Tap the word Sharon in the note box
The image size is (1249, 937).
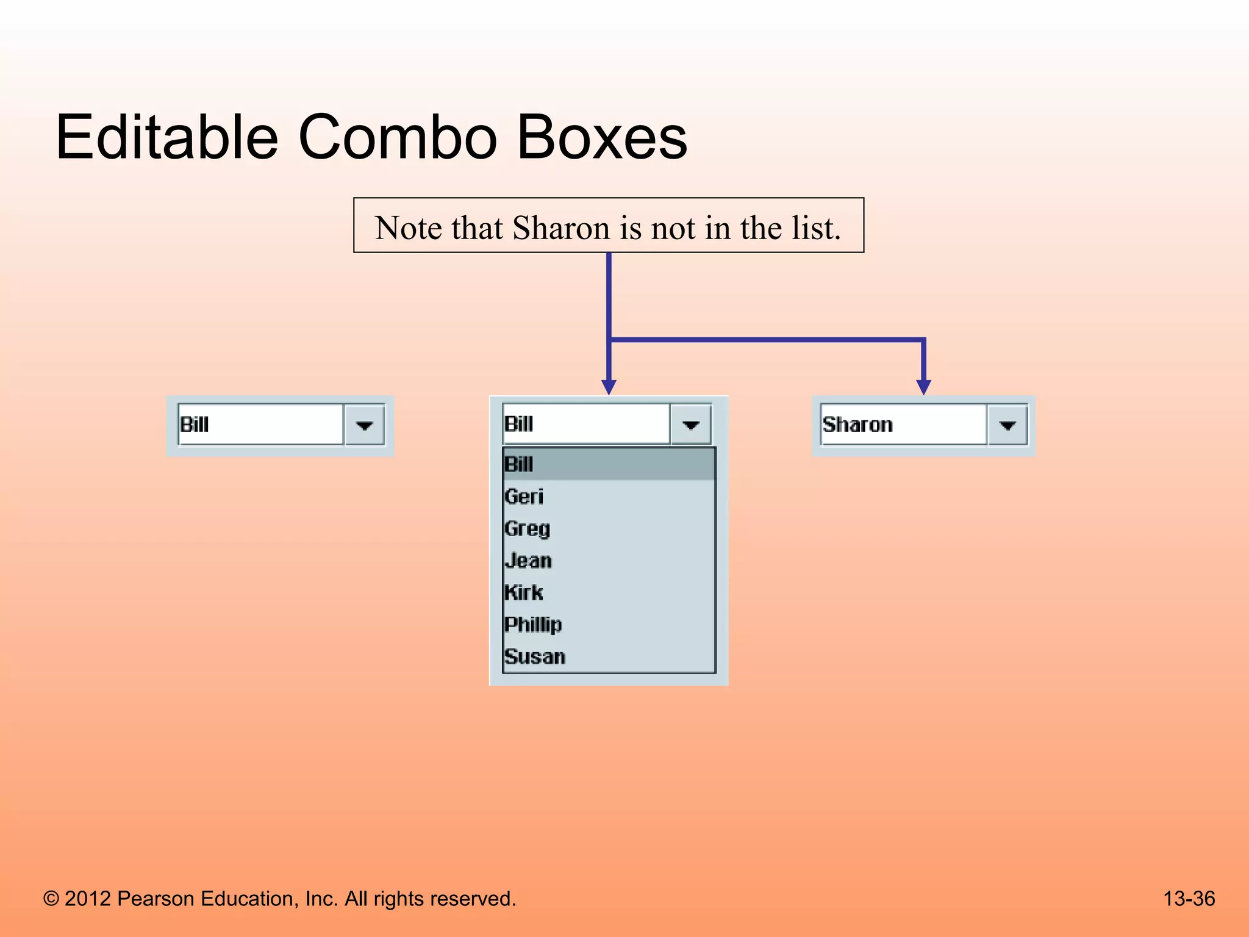561,228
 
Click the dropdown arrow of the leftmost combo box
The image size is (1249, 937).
364,425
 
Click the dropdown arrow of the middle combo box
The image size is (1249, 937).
690,425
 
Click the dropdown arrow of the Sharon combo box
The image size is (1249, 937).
1007,425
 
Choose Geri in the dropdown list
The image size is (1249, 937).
524,497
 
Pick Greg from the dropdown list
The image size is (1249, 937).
528,528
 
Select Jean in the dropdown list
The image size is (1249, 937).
528,561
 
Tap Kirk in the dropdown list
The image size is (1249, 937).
524,592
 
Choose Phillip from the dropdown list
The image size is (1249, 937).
533,625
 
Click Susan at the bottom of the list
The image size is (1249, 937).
535,656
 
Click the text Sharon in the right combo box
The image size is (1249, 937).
857,425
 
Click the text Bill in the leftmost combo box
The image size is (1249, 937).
195,425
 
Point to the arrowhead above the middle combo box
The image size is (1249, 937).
609,387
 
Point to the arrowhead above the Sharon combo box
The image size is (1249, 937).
923,387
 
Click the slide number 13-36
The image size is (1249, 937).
1189,899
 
